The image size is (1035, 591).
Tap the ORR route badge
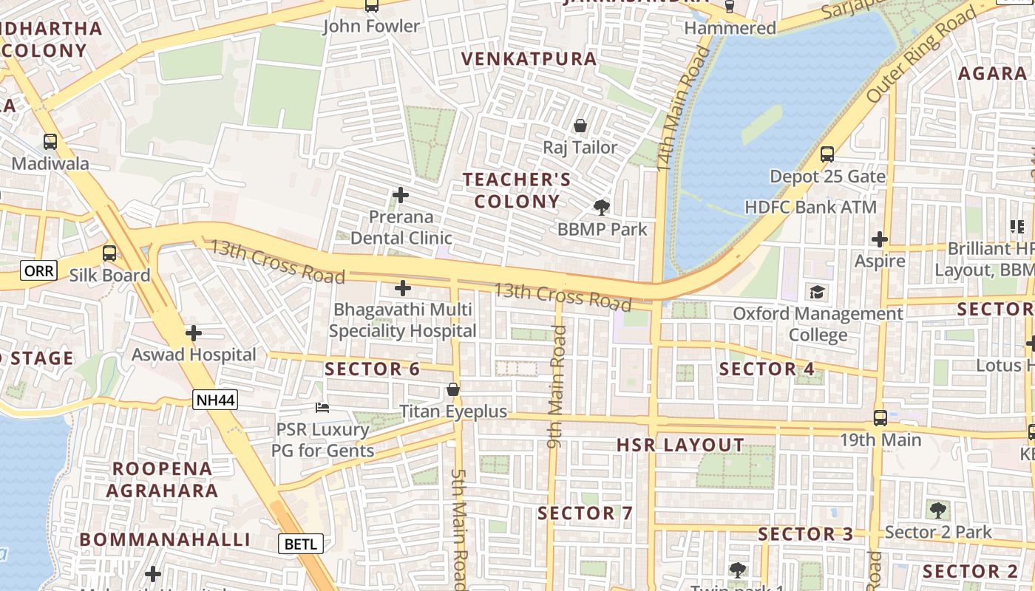(38, 271)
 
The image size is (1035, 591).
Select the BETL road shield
(301, 544)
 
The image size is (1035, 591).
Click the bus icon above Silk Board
(109, 253)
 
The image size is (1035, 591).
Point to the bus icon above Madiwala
(50, 141)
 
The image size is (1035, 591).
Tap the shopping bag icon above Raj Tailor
(580, 126)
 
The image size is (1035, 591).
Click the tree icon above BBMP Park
(602, 207)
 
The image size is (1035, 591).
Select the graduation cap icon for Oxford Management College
(817, 292)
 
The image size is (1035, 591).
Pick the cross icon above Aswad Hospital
(194, 333)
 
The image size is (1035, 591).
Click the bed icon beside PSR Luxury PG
(322, 407)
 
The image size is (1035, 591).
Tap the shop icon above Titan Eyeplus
(453, 389)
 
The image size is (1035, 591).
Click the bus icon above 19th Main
(880, 417)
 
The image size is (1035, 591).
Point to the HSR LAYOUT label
(680, 445)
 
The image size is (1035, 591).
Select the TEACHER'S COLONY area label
(517, 191)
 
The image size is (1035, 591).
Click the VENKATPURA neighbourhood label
(529, 59)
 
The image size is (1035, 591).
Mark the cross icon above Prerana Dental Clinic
(401, 195)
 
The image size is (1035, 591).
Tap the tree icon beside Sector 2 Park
(937, 509)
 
